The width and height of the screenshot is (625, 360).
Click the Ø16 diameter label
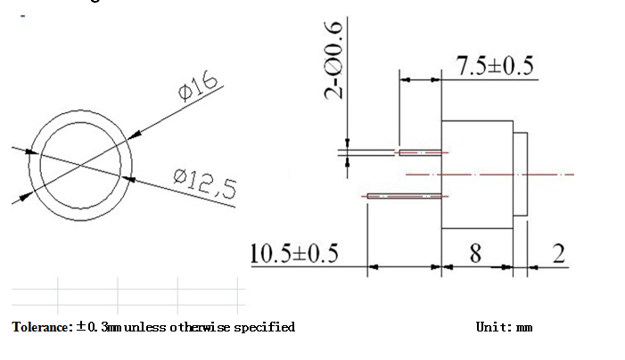(198, 86)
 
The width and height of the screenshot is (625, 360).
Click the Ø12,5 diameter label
(205, 184)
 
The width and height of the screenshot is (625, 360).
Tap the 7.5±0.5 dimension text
(495, 66)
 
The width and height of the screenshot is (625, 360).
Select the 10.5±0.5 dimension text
(294, 253)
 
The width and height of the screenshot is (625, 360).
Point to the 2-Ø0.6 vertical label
(333, 60)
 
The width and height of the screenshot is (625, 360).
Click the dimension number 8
(475, 253)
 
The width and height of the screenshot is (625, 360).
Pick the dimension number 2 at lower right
(559, 253)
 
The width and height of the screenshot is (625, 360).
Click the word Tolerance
(42, 327)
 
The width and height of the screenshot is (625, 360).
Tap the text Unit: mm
(505, 327)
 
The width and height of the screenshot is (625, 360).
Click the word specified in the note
(264, 327)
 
